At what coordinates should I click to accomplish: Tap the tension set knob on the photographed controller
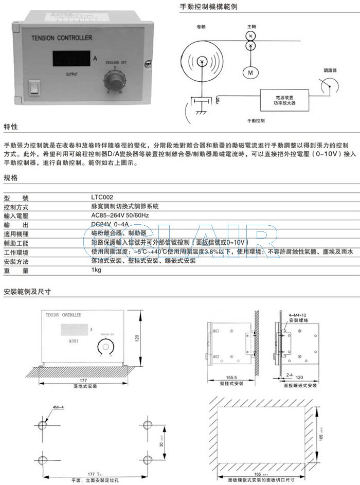click(115, 81)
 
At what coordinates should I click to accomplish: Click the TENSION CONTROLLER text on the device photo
click(62, 38)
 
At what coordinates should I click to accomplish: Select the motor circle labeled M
click(251, 73)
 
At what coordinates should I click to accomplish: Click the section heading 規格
click(11, 177)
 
